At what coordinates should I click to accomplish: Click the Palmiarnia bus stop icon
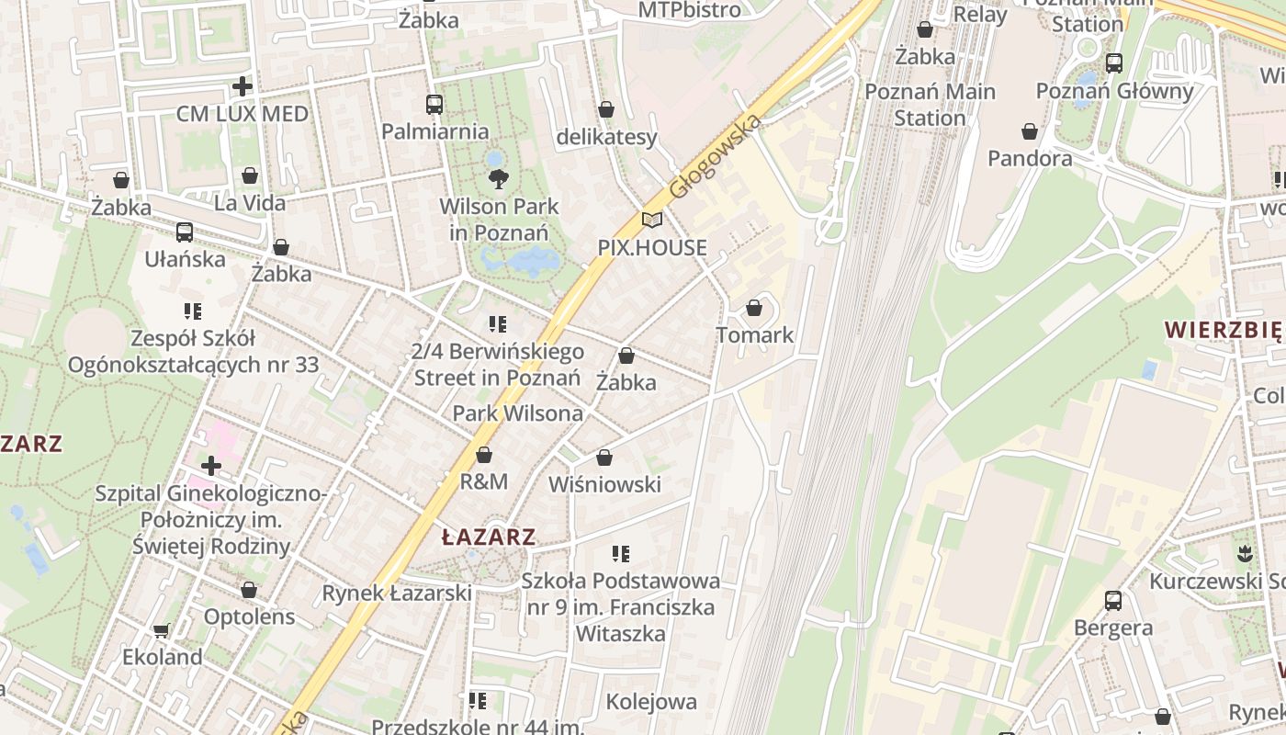[434, 105]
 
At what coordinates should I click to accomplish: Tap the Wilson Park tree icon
[498, 178]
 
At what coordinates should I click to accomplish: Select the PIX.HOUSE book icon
[652, 220]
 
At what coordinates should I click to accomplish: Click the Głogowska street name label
[716, 157]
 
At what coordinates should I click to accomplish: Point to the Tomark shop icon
[754, 308]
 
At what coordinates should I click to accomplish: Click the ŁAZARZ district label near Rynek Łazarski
[488, 537]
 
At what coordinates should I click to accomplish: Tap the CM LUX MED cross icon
[243, 87]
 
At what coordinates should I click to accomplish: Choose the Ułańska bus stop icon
[185, 232]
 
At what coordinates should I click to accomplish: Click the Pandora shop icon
[1030, 131]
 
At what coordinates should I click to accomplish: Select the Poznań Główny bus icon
[1114, 63]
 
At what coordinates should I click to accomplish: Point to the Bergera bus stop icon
[1112, 601]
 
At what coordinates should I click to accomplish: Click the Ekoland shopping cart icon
[162, 630]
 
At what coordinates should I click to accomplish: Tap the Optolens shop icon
[249, 590]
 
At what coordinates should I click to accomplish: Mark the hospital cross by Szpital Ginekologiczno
[211, 466]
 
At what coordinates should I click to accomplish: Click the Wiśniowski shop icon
[604, 458]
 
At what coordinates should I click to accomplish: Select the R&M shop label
[484, 481]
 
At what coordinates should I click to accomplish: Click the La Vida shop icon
[250, 175]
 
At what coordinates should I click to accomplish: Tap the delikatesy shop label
[607, 137]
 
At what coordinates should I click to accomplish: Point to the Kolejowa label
[651, 702]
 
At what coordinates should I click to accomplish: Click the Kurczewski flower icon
[1245, 553]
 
